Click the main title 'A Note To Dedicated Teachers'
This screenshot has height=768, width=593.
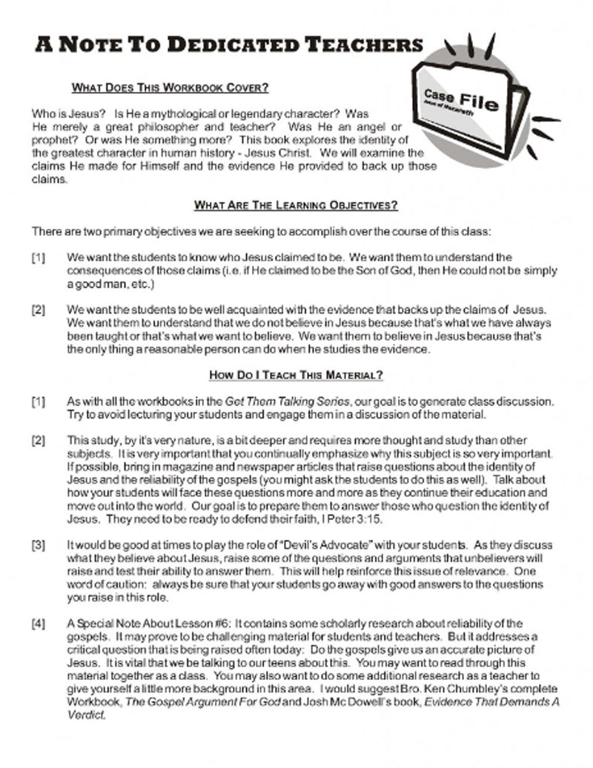coord(228,45)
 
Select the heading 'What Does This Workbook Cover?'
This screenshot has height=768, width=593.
coord(170,88)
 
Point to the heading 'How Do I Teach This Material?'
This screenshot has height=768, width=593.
coord(296,375)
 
